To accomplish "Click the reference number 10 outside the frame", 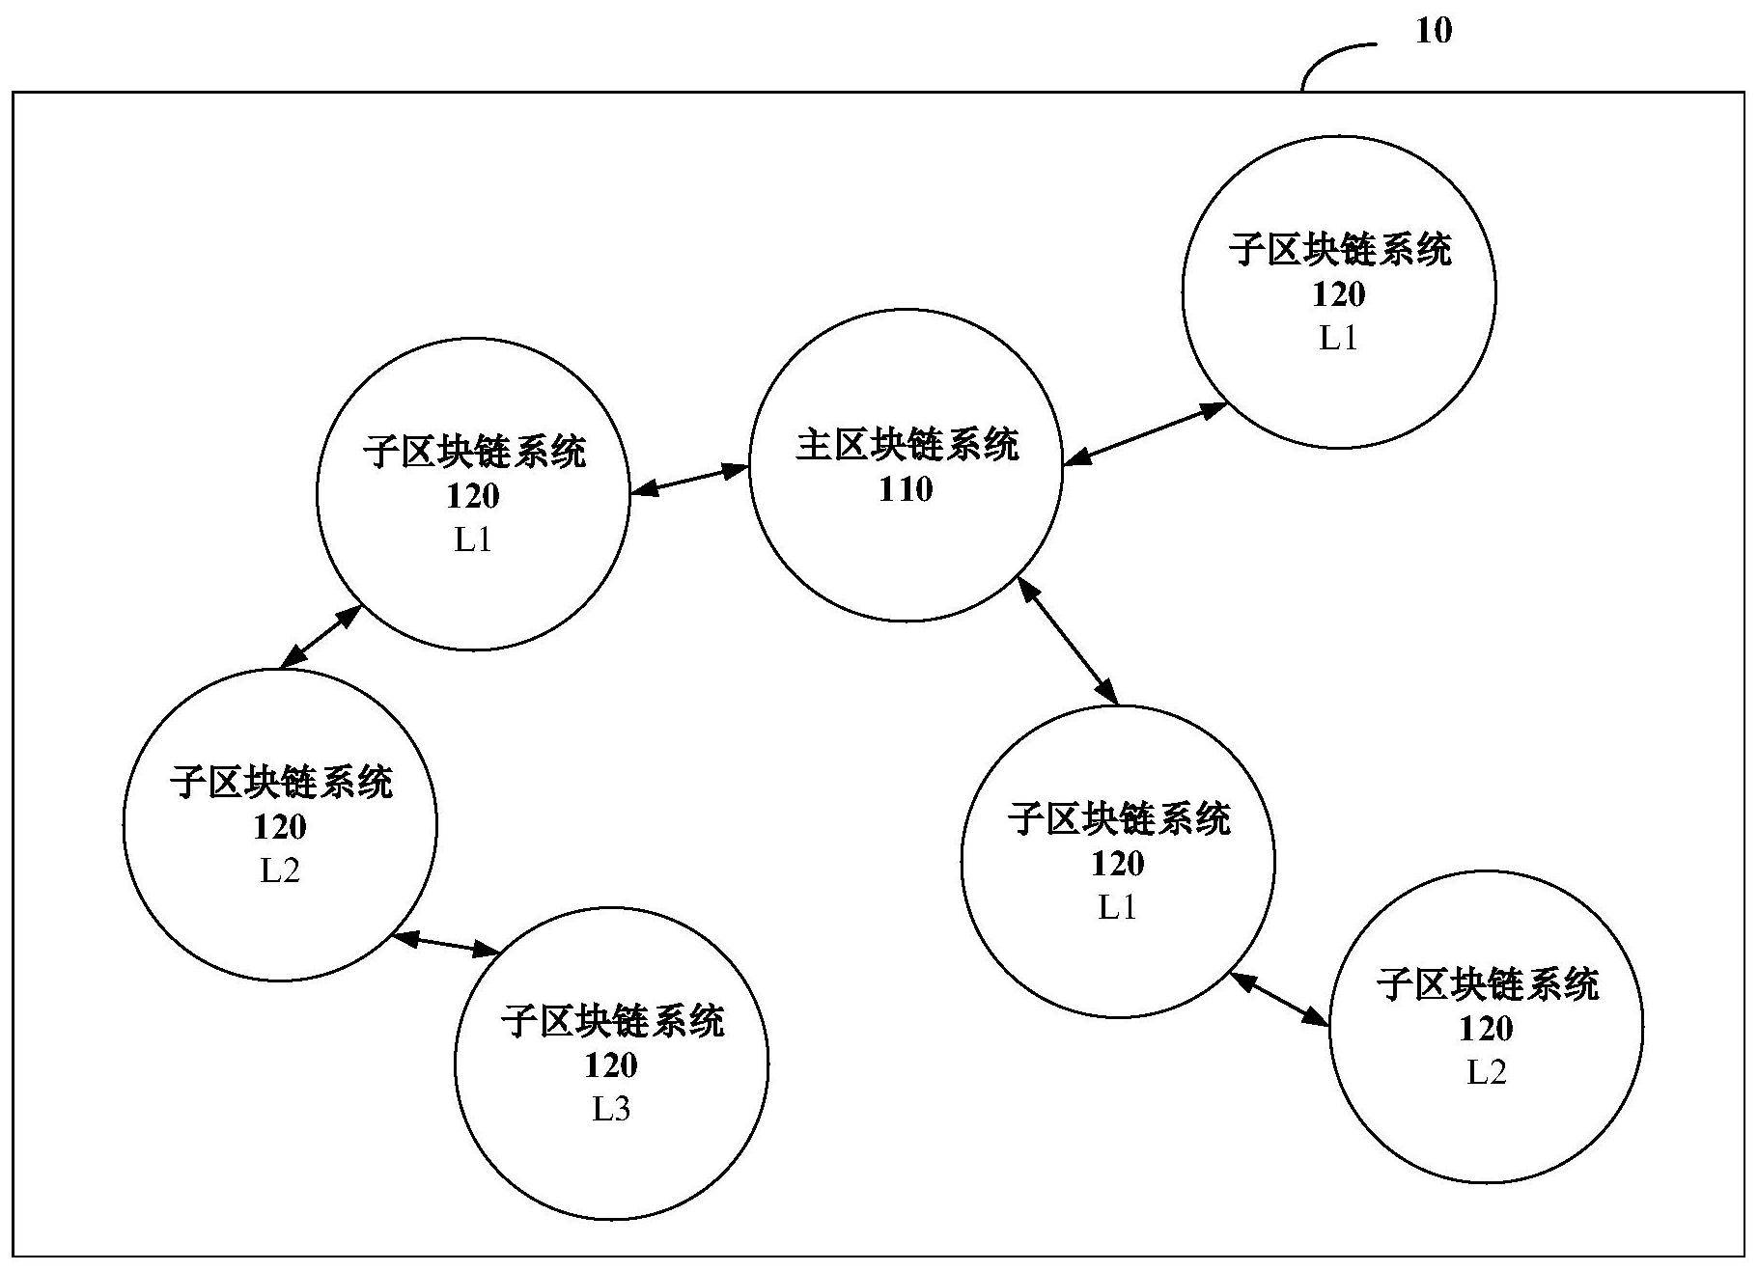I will pyautogui.click(x=1433, y=32).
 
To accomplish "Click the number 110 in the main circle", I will pyautogui.click(x=906, y=489).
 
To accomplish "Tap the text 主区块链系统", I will pyautogui.click(x=907, y=445).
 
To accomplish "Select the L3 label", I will pyautogui.click(x=611, y=1110).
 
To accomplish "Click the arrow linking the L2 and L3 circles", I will pyautogui.click(x=446, y=943).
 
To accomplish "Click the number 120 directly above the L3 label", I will pyautogui.click(x=611, y=1065).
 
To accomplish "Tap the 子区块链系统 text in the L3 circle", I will pyautogui.click(x=612, y=1021).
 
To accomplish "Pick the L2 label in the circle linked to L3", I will pyautogui.click(x=280, y=871).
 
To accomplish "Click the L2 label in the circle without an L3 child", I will pyautogui.click(x=1487, y=1073).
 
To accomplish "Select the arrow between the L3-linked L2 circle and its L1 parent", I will pyautogui.click(x=321, y=637).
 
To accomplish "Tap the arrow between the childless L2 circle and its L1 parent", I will pyautogui.click(x=1279, y=998).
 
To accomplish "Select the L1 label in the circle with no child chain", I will pyautogui.click(x=1339, y=338).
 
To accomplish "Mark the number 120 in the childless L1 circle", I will pyautogui.click(x=1339, y=293).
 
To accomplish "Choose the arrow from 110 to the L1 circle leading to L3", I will pyautogui.click(x=689, y=480).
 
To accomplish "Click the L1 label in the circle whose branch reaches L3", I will pyautogui.click(x=473, y=540).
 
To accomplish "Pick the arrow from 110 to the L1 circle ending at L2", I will pyautogui.click(x=1068, y=640).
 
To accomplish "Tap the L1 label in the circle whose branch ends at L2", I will pyautogui.click(x=1118, y=908).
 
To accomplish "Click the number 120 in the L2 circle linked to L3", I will pyautogui.click(x=280, y=827).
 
